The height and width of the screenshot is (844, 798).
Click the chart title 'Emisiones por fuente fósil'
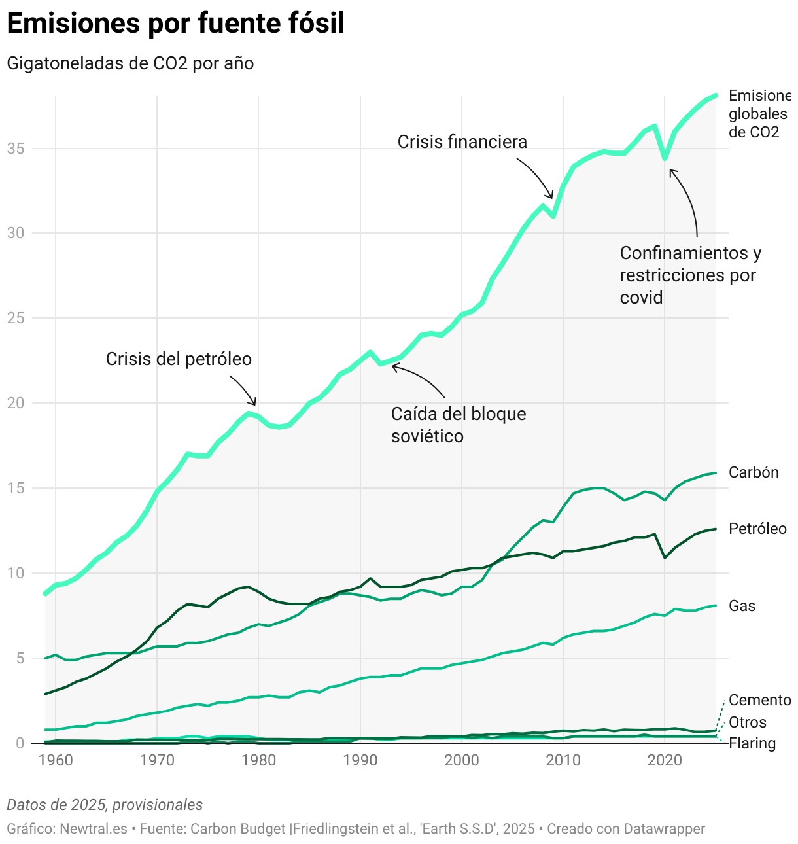pyautogui.click(x=175, y=24)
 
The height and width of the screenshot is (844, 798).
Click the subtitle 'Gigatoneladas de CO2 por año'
pyautogui.click(x=130, y=63)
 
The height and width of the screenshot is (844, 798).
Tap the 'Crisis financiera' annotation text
pyautogui.click(x=462, y=142)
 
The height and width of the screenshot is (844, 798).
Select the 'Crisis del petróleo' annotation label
pyautogui.click(x=179, y=359)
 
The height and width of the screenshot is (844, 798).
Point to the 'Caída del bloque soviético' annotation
pyautogui.click(x=458, y=425)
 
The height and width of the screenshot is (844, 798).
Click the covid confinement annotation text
pyautogui.click(x=690, y=275)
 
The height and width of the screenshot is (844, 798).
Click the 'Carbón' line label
pyautogui.click(x=754, y=472)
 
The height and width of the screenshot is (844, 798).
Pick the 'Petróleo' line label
pyautogui.click(x=757, y=529)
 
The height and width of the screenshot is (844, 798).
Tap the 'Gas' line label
pyautogui.click(x=742, y=606)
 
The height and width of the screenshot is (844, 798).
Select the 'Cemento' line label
pyautogui.click(x=759, y=700)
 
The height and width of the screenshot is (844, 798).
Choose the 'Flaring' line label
pyautogui.click(x=752, y=743)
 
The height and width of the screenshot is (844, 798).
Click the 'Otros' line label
pyautogui.click(x=747, y=722)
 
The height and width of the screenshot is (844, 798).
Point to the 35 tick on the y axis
pyautogui.click(x=16, y=149)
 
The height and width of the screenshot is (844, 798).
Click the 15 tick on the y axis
pyautogui.click(x=16, y=488)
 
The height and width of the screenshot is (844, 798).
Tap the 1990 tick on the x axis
pyautogui.click(x=360, y=760)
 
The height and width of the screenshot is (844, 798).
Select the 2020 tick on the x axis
pyautogui.click(x=665, y=760)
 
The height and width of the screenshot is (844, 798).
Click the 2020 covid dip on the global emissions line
pyautogui.click(x=665, y=158)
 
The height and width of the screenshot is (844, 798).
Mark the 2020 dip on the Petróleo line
pyautogui.click(x=665, y=557)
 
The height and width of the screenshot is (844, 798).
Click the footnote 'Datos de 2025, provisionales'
pyautogui.click(x=105, y=805)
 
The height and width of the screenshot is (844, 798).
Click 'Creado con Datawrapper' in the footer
pyautogui.click(x=626, y=829)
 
